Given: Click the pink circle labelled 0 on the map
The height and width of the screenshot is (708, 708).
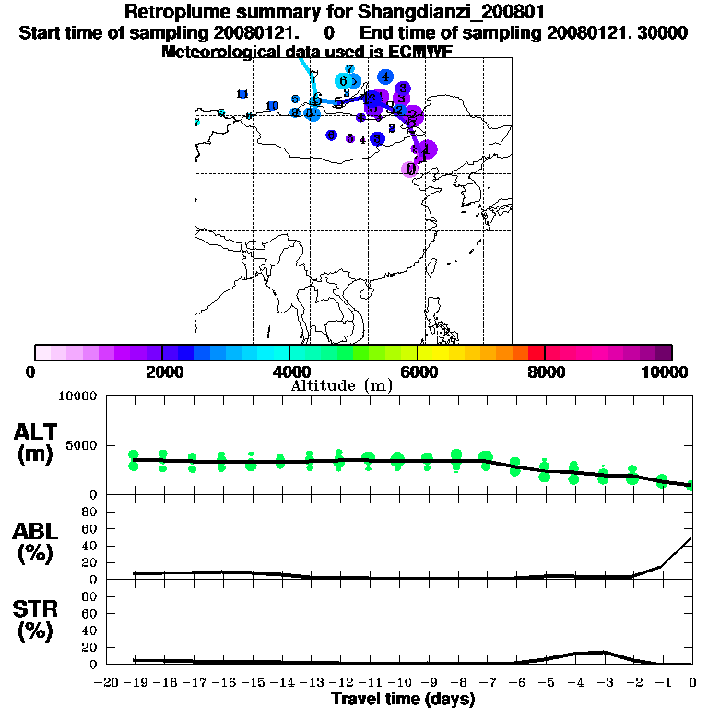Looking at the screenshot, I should (x=410, y=169).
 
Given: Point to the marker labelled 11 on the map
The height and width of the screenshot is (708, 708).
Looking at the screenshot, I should (x=242, y=94).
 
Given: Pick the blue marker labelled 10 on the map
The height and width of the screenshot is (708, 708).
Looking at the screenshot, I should (x=272, y=106).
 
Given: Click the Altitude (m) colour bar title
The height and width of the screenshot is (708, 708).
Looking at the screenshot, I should (x=341, y=385).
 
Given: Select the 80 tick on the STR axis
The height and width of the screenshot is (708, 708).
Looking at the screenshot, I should (x=89, y=596).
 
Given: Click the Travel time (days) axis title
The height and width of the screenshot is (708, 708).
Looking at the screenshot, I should (x=403, y=699).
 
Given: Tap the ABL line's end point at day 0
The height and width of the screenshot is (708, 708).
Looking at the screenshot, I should (x=691, y=538).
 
